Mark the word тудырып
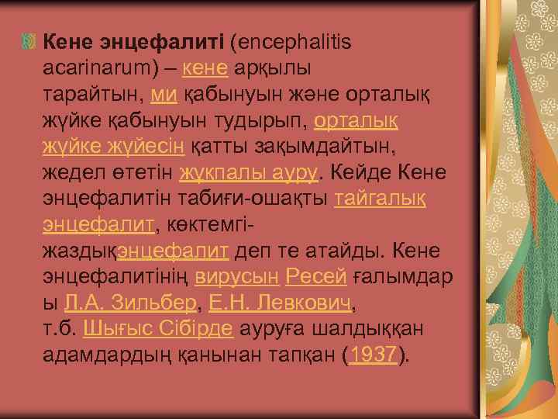[x=267, y=120]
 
